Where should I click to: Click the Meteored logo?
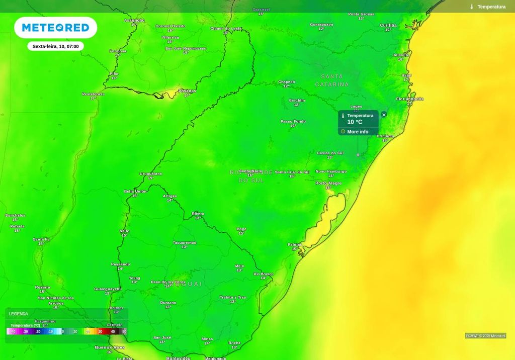[55, 28]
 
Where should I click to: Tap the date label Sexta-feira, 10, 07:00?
[55, 46]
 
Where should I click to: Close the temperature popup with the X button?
[384, 115]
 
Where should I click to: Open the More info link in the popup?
[358, 132]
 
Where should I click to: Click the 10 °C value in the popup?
[355, 122]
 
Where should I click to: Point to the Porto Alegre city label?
[328, 184]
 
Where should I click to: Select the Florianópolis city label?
[409, 99]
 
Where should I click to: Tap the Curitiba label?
[388, 25]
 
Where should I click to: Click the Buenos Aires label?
[110, 347]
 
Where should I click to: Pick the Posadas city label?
[187, 91]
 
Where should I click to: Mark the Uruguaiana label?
[151, 173]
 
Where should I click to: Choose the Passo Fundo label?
[293, 121]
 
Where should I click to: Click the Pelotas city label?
[294, 244]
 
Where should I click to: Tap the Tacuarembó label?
[185, 243]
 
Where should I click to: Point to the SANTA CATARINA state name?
[332, 80]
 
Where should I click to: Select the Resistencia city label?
[93, 94]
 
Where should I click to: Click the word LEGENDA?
[19, 314]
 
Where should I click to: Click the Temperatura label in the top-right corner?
[491, 7]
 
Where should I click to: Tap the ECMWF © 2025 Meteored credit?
[485, 336]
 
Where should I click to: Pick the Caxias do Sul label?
[330, 153]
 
